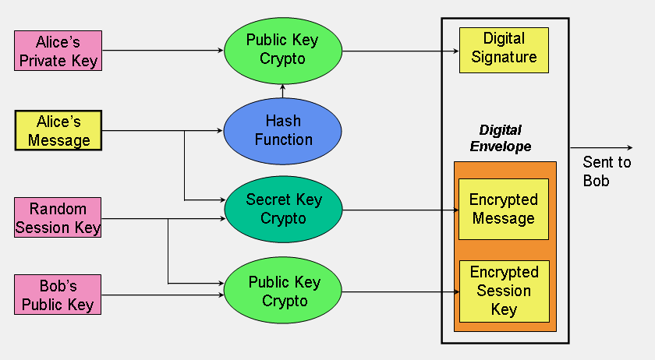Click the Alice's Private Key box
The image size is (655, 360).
tap(58, 51)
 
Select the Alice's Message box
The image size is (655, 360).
tap(58, 130)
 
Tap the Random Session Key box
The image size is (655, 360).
tap(58, 217)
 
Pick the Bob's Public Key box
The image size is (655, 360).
tap(58, 294)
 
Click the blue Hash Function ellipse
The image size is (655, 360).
tap(282, 130)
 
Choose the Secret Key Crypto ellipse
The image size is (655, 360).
tap(283, 209)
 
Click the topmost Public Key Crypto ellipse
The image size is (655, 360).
tap(282, 49)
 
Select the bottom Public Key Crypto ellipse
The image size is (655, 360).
tap(283, 291)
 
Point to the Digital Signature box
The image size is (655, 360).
tap(504, 48)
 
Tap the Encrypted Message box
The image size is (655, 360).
tap(503, 209)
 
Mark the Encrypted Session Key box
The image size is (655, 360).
tap(503, 291)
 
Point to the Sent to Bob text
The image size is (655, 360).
tap(606, 171)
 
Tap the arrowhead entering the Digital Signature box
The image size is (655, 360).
tap(455, 51)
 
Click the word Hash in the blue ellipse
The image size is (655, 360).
tap(282, 121)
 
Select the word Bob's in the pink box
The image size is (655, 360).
tap(58, 285)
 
